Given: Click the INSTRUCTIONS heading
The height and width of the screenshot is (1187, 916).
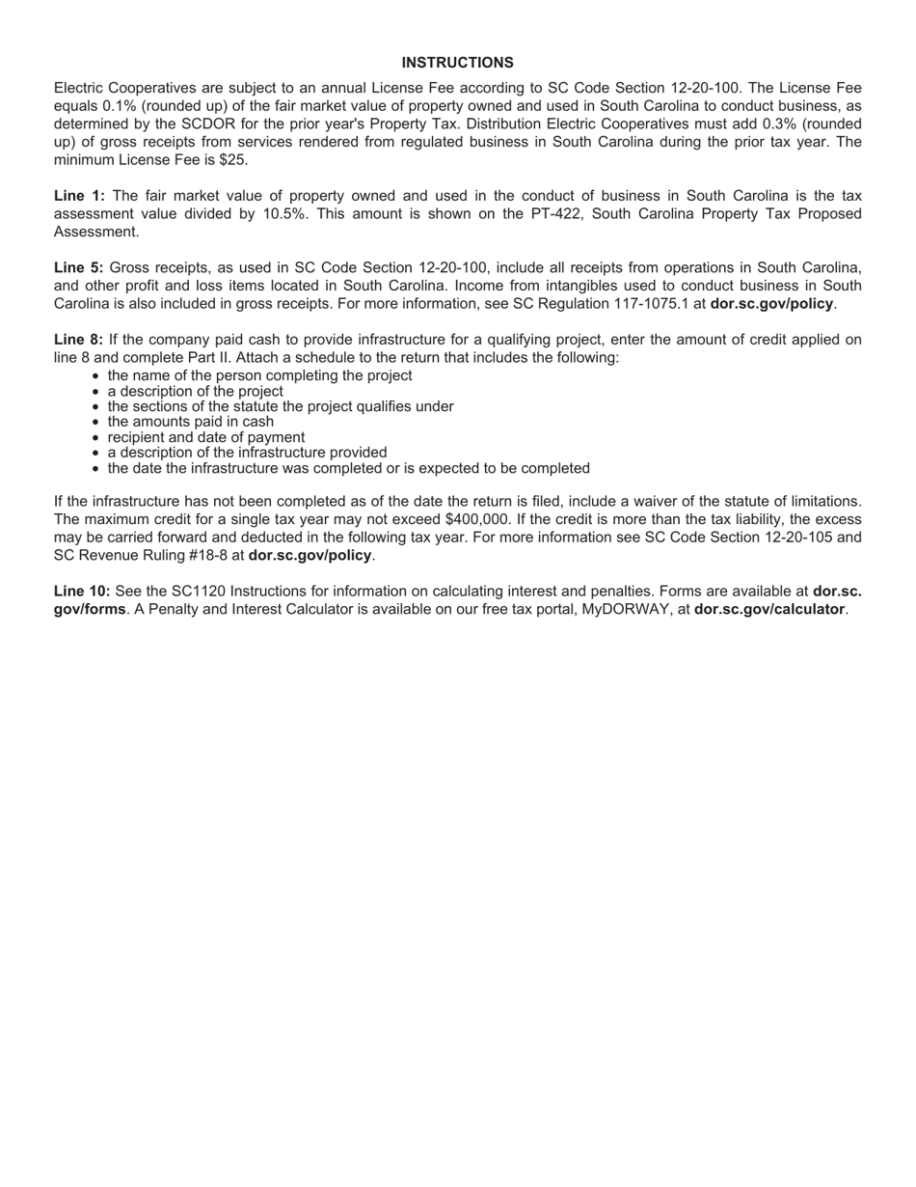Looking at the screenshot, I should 457,63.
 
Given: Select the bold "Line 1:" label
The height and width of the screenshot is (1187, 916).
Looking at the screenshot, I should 79,196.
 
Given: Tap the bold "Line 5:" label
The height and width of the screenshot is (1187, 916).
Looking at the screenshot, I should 79,267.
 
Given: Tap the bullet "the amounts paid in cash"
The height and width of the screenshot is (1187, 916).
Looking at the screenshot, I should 190,422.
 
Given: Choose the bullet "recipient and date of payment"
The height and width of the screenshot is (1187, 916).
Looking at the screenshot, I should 205,437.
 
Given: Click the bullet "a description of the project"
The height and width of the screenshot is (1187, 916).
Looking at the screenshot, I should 195,391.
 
